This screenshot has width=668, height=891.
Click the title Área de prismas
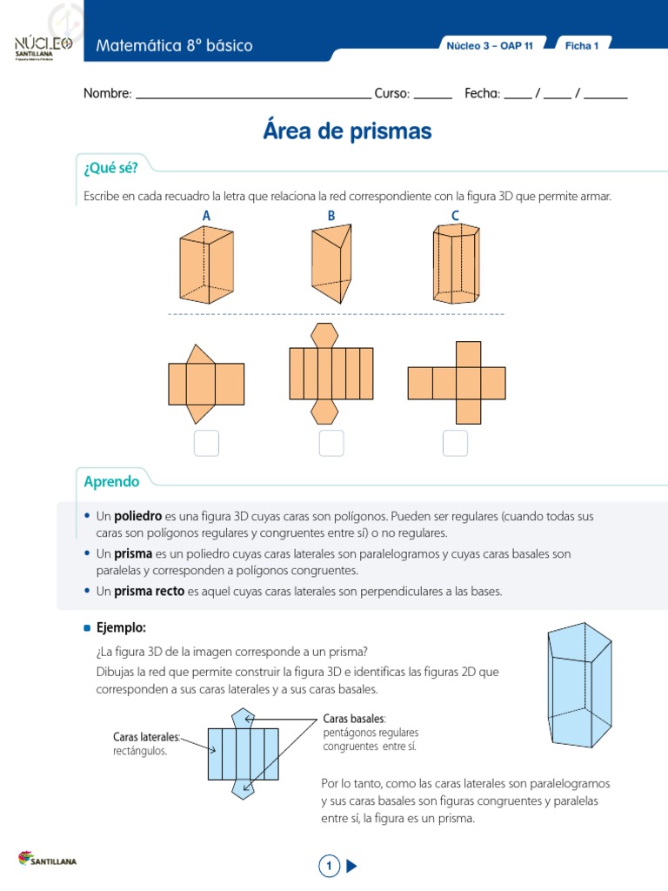click(346, 131)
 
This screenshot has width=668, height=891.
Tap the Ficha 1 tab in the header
click(582, 46)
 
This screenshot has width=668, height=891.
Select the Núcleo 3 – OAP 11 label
click(489, 46)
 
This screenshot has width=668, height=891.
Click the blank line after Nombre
click(253, 94)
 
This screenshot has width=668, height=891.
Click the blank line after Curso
click(432, 94)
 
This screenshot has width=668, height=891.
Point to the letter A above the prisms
click(206, 215)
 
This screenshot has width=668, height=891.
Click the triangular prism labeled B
click(331, 263)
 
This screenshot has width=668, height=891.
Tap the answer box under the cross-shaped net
click(455, 443)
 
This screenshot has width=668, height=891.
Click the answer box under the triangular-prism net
click(206, 443)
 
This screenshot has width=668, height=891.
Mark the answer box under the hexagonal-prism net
click(331, 443)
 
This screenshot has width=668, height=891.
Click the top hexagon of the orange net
click(325, 335)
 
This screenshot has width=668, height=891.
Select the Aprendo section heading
click(111, 481)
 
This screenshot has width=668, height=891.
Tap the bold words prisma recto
click(150, 591)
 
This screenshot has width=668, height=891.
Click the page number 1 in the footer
click(329, 866)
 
